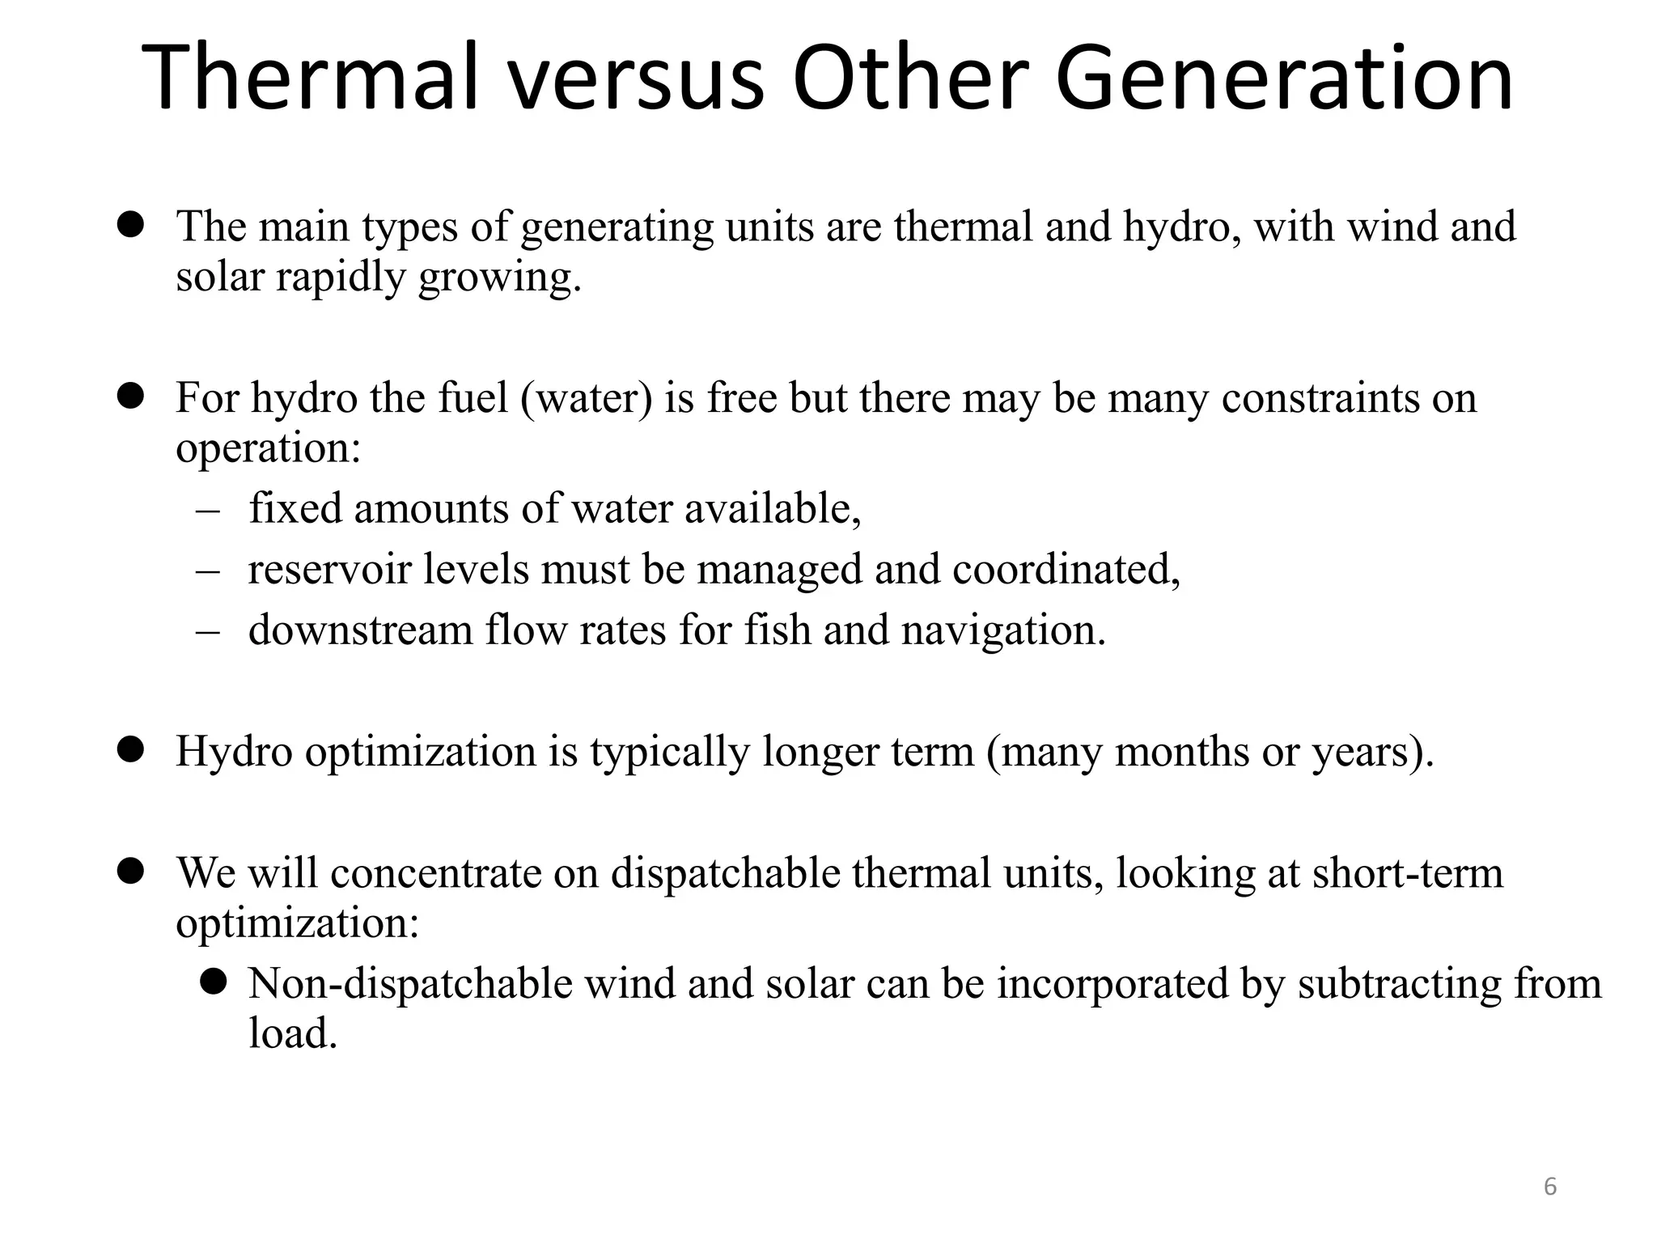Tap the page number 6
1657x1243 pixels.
coord(1550,1186)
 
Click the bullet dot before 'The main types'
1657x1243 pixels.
coord(130,224)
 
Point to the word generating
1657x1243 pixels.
coord(617,227)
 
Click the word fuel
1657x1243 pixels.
coord(473,397)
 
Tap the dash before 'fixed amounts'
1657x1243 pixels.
coord(208,511)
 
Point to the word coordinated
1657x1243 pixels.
coord(1066,569)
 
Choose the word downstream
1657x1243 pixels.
coord(360,630)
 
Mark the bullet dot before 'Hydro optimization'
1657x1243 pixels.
coord(130,749)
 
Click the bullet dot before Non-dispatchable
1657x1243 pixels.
coord(214,982)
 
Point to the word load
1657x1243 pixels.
coord(291,1033)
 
